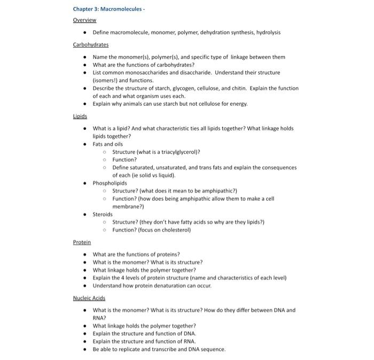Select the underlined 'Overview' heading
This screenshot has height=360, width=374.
pos(84,20)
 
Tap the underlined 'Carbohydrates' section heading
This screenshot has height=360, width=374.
pos(91,44)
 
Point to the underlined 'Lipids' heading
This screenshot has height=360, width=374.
pos(80,116)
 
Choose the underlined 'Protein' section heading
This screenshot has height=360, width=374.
pos(82,242)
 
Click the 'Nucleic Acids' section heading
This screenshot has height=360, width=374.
pos(89,298)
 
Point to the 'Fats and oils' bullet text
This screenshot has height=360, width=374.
pos(108,144)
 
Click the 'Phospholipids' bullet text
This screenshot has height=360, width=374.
pos(110,183)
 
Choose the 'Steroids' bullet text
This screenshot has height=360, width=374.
pos(103,214)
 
